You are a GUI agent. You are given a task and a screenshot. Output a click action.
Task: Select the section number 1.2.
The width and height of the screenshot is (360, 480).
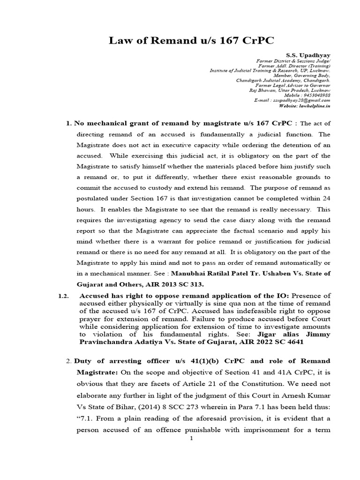[63, 296]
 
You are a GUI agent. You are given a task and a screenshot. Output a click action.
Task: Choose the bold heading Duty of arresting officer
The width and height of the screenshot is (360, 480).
[122, 361]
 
